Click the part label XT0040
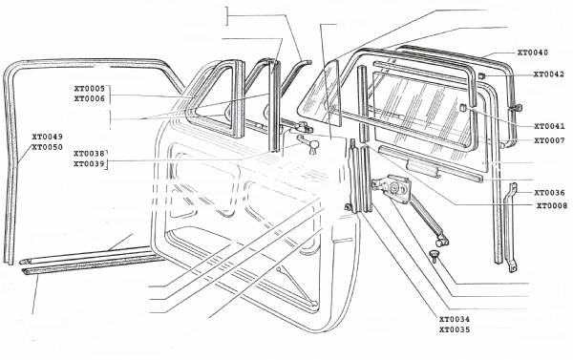point(533,53)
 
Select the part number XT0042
point(549,74)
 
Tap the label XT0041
point(549,126)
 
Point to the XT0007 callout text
point(549,140)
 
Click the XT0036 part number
point(549,193)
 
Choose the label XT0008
point(552,205)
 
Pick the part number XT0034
point(455,319)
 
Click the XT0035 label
point(455,329)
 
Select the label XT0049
point(47,137)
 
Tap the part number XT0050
point(47,147)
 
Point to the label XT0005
point(90,89)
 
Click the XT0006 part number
point(90,98)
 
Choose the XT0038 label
point(89,154)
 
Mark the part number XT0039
point(89,163)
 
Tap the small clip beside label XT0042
point(481,75)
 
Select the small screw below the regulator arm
point(434,256)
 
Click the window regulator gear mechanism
point(393,187)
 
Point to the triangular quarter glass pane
point(321,95)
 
